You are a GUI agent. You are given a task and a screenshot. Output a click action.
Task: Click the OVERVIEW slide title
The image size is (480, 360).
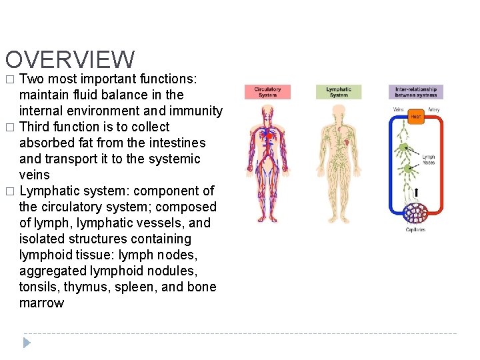click(69, 60)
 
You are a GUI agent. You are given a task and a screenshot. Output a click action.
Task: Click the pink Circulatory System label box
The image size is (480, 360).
click(267, 92)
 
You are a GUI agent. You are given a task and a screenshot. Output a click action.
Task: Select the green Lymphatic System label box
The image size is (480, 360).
click(339, 92)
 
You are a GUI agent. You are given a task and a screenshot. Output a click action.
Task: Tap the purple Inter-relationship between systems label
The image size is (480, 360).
click(415, 92)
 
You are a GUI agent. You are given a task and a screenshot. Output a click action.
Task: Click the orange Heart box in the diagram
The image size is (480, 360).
click(415, 117)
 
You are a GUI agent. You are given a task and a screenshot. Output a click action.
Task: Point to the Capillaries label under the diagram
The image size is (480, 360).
click(415, 230)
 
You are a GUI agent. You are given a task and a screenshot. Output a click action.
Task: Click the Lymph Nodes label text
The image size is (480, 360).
click(428, 160)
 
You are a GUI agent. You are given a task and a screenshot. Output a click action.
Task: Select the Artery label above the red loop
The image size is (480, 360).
click(433, 109)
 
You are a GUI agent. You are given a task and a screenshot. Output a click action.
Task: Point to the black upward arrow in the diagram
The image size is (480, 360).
click(417, 193)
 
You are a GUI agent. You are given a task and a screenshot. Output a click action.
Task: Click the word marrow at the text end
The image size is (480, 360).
click(41, 303)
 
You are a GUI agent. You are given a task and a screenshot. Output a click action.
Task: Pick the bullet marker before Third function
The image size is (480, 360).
click(9, 127)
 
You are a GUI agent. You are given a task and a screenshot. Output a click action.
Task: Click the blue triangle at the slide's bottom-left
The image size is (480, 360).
click(27, 343)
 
